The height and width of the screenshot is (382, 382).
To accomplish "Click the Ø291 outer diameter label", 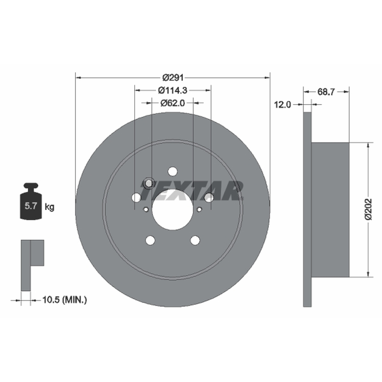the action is click(x=173, y=78).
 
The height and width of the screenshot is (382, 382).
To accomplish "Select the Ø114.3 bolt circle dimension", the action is click(x=173, y=90).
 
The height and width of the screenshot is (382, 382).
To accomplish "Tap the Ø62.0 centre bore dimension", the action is click(x=173, y=103).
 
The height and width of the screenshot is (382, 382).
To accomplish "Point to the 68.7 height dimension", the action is click(x=326, y=92).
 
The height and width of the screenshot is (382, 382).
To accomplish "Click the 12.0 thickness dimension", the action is click(x=283, y=105).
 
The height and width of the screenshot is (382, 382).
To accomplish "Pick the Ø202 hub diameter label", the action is click(x=369, y=209).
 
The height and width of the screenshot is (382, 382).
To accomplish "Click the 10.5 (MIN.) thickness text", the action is click(x=64, y=300).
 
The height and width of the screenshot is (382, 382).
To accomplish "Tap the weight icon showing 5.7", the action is click(x=31, y=201).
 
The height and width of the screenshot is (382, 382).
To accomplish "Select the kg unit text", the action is click(x=50, y=207).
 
